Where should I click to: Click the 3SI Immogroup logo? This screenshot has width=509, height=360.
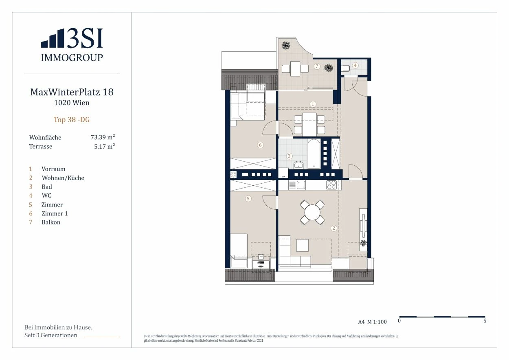click(x=72, y=45)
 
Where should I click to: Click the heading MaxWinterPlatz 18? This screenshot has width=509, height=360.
click(x=72, y=92)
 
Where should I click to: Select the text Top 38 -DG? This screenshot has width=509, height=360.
click(x=72, y=120)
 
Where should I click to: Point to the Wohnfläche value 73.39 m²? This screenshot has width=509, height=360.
click(x=103, y=137)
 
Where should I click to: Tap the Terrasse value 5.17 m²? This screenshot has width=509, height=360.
click(x=105, y=146)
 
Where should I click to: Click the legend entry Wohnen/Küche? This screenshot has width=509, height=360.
click(x=63, y=178)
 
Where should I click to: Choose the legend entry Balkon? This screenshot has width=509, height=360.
click(x=51, y=222)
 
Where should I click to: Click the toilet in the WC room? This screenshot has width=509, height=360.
click(x=346, y=68)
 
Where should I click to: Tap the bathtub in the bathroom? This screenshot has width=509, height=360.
click(x=314, y=154)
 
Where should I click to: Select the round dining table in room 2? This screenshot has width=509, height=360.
click(x=312, y=212)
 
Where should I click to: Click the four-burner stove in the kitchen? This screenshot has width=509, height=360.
click(x=331, y=185)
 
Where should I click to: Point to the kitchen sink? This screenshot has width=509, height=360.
click(x=301, y=185)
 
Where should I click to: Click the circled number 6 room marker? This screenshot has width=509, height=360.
click(x=261, y=145)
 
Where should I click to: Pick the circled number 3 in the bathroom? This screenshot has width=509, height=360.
click(x=289, y=156)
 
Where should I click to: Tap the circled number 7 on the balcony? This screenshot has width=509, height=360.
click(x=317, y=66)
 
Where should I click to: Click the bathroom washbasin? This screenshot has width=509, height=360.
click(x=298, y=165)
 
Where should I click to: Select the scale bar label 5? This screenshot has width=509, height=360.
click(x=485, y=320)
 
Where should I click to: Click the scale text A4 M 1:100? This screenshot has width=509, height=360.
click(x=373, y=322)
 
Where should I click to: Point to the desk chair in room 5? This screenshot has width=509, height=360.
click(x=261, y=257)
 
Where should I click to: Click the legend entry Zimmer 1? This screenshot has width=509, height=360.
click(x=55, y=213)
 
